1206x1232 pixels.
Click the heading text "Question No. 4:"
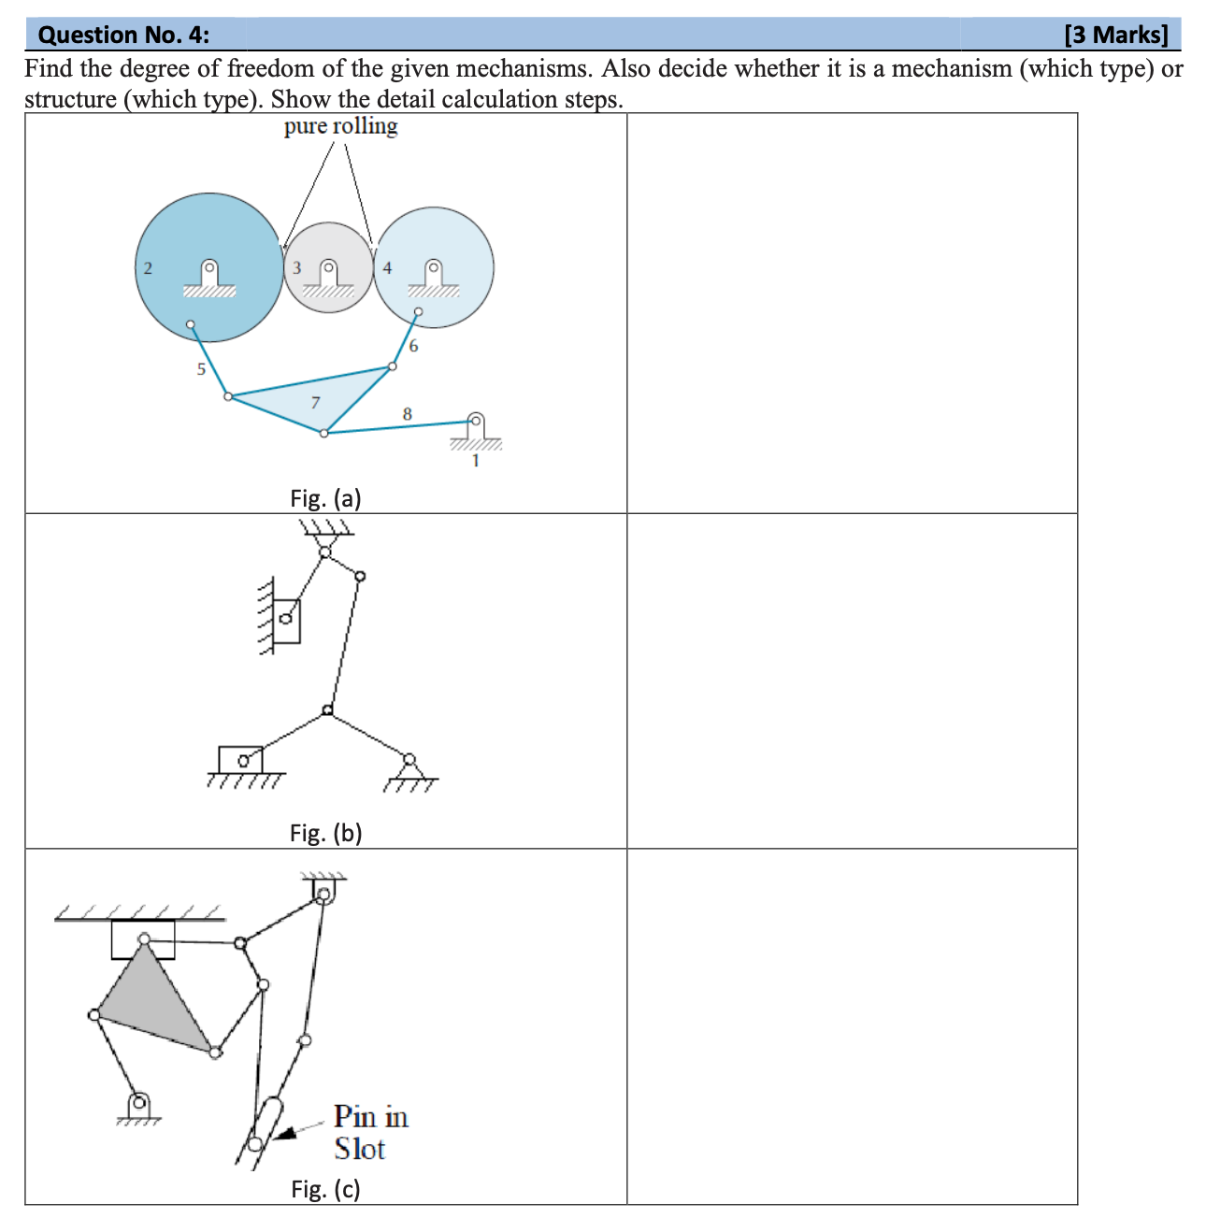[123, 36]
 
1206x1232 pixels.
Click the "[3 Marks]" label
[1116, 36]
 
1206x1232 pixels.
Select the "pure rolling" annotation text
[340, 126]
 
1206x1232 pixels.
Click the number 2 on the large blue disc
[148, 268]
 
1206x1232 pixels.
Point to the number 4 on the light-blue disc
[387, 268]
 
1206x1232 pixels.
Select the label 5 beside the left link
[200, 369]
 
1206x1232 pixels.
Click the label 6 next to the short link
[413, 347]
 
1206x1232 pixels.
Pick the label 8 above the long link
[407, 413]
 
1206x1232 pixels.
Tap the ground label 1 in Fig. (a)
[475, 461]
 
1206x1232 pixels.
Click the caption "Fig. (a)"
[325, 498]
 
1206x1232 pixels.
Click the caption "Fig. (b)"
[325, 833]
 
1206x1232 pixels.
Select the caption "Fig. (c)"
[325, 1189]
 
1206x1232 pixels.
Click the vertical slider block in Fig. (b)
[287, 621]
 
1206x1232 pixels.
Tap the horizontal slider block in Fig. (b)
[240, 759]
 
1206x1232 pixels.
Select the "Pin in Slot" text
[370, 1132]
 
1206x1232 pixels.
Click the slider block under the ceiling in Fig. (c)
[143, 939]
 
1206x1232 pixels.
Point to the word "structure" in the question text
[70, 100]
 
